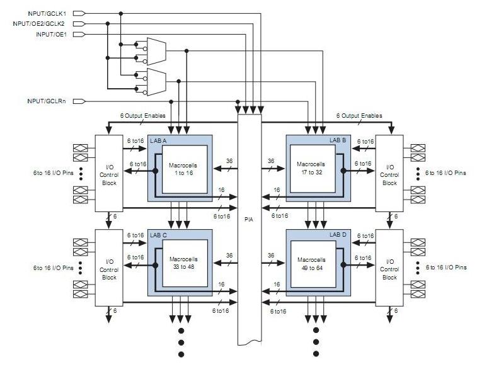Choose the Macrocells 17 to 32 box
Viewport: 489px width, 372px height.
tap(313, 169)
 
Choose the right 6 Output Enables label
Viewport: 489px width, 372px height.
tap(358, 116)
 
